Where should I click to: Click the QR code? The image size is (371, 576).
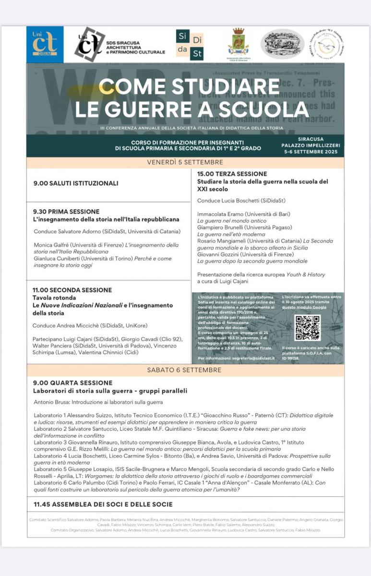click(x=307, y=328)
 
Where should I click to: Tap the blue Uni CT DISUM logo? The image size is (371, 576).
click(x=45, y=45)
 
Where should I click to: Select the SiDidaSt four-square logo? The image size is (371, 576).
click(x=190, y=44)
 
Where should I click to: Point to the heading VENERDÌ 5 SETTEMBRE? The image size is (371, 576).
click(x=185, y=162)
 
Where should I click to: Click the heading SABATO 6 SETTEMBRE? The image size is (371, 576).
click(x=185, y=370)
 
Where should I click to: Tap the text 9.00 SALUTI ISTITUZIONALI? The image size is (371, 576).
click(x=76, y=183)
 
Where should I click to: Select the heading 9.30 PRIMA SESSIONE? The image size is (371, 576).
click(x=66, y=211)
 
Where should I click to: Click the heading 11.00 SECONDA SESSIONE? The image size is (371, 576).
click(x=72, y=290)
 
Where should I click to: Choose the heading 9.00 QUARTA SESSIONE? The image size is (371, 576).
click(x=73, y=383)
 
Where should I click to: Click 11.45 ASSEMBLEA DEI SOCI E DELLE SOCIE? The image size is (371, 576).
click(x=103, y=504)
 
